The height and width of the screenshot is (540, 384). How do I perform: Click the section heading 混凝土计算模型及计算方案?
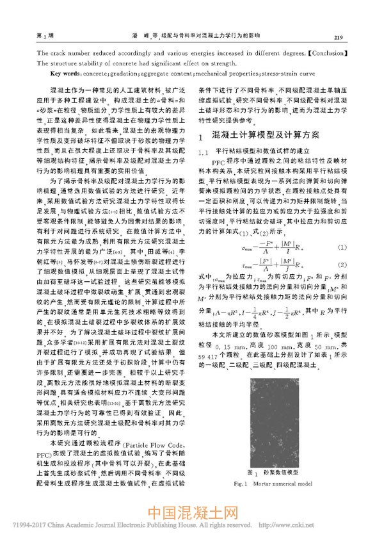click(x=265, y=136)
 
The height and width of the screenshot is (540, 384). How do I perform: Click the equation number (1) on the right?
click(x=342, y=247)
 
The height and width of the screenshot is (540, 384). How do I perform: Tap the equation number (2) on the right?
click(x=342, y=264)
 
